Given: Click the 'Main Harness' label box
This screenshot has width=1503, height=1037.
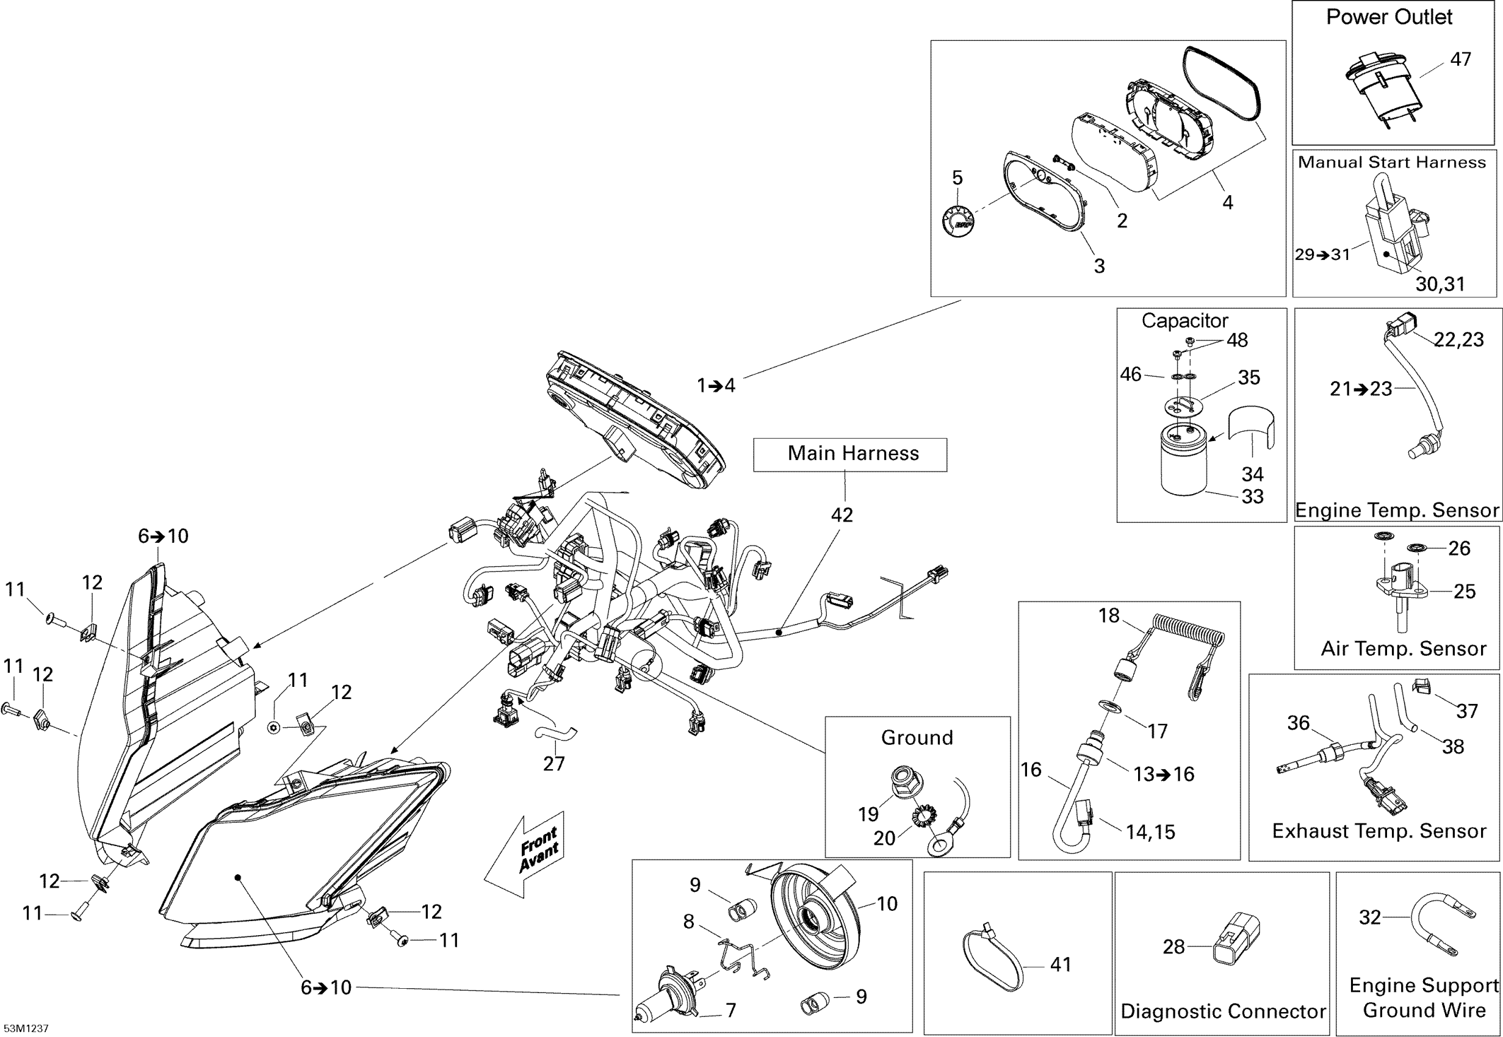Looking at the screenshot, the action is tap(850, 455).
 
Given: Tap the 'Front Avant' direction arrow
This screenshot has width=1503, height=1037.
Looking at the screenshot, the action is tap(524, 855).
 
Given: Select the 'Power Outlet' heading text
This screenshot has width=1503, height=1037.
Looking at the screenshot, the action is tap(1389, 17).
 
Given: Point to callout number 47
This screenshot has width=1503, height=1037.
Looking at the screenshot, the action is tap(1461, 59).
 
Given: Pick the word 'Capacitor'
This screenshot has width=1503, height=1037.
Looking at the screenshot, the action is tap(1184, 320).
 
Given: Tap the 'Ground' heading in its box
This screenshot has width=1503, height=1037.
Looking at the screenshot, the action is tap(917, 737).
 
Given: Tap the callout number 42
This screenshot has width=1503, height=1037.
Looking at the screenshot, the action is tap(842, 515).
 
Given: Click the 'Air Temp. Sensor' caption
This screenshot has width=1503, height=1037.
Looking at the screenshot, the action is tap(1404, 648).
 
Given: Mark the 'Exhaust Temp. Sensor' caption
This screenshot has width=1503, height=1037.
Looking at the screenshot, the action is tap(1379, 831).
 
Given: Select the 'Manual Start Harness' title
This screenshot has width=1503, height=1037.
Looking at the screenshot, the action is tap(1392, 162).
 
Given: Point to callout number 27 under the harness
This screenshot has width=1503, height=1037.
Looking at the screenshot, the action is tap(553, 764).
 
